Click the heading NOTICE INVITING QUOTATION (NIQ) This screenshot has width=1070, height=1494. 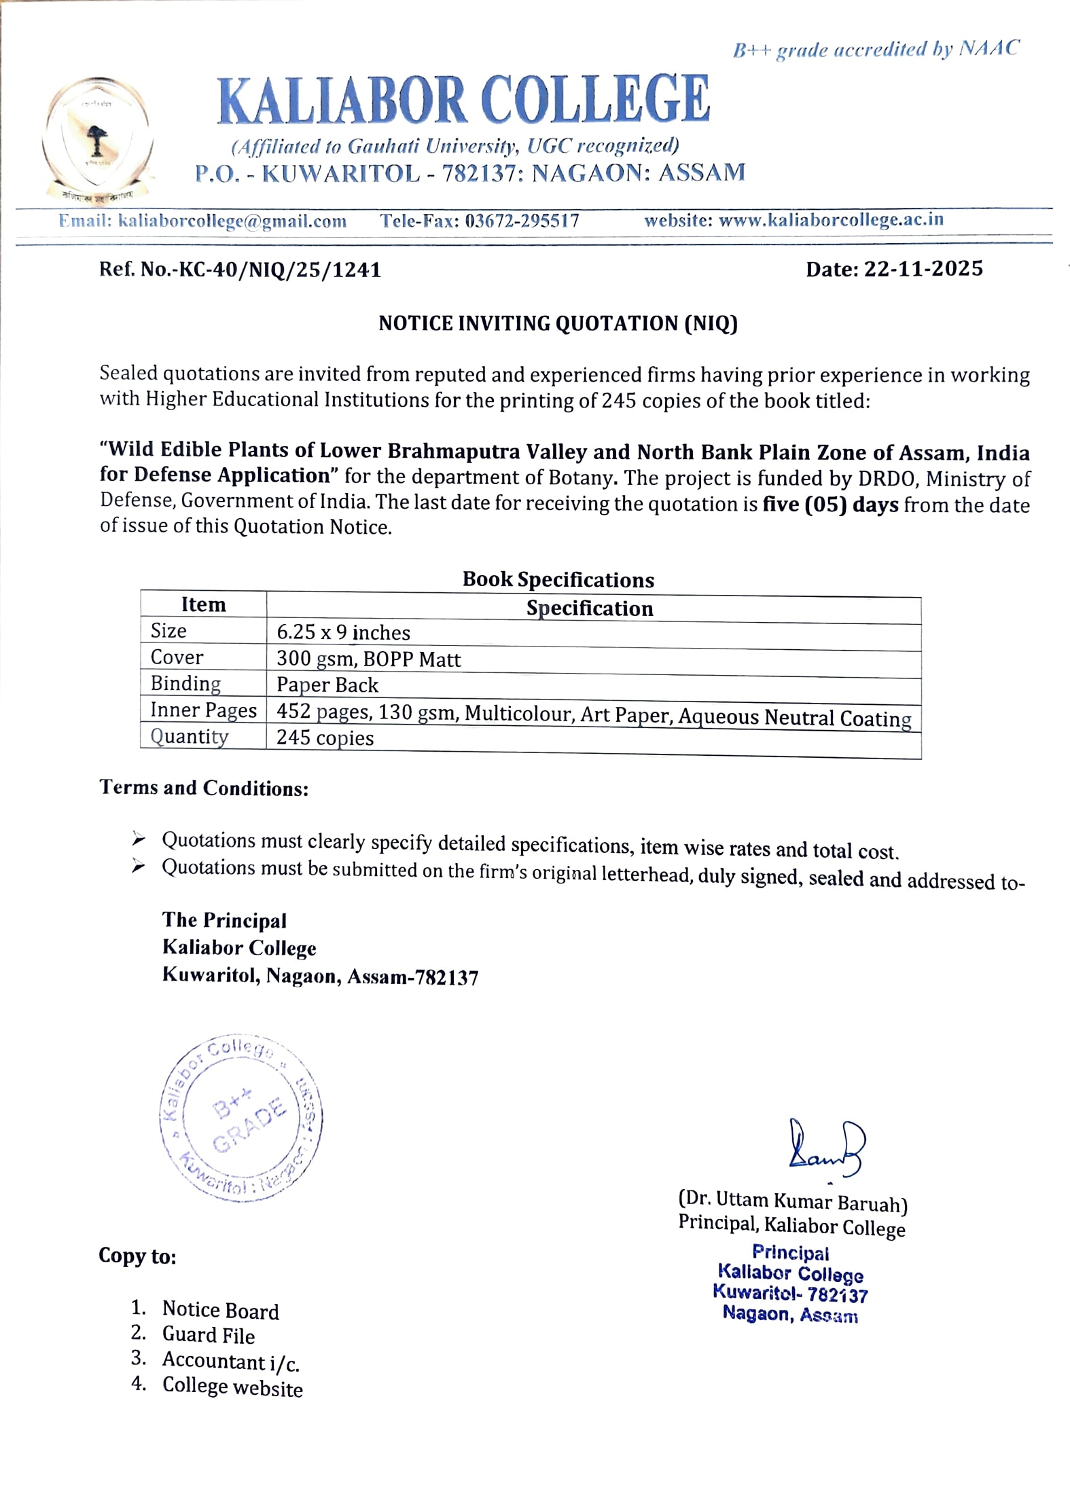coord(558,323)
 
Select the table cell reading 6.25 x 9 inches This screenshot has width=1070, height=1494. coord(343,633)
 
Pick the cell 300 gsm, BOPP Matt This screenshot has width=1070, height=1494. coord(368,659)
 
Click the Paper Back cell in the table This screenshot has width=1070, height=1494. coord(327,685)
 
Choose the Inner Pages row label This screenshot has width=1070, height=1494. coord(203,710)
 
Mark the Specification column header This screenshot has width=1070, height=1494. coord(590,608)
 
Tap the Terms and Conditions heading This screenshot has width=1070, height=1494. coord(204,788)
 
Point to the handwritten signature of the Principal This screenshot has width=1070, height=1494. coord(826,1147)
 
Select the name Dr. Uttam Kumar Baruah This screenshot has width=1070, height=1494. coord(792,1203)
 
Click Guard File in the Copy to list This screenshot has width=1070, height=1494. coord(208,1335)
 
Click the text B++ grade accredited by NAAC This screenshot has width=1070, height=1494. coord(875,50)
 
